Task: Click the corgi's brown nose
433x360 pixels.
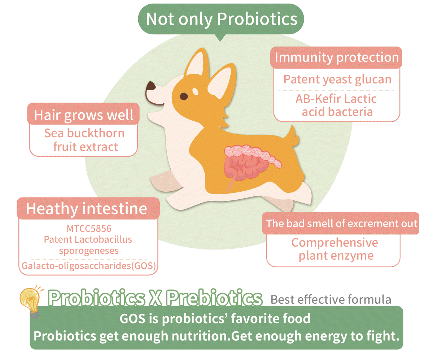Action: pos(151,86)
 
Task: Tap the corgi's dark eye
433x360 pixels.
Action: pos(184,96)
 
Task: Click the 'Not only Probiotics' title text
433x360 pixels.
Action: pos(222,19)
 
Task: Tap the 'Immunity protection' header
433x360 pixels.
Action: pos(337,57)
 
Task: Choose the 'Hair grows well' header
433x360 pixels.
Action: pos(84,115)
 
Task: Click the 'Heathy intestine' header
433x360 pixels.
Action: pos(87,209)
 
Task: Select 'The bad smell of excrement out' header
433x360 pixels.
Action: pos(342,224)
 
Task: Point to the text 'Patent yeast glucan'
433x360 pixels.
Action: pos(337,79)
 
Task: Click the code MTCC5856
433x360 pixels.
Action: pos(89,229)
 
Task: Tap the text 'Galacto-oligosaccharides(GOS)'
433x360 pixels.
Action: pos(89,266)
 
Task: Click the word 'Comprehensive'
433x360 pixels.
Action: pos(335,243)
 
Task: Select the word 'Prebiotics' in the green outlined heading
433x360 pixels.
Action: pos(214,298)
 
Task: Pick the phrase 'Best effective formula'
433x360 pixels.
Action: pos(331,299)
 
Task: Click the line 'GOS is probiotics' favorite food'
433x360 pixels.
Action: pos(215,318)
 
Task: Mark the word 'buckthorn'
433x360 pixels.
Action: pos(96,133)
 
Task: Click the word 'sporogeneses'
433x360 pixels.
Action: pos(89,251)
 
